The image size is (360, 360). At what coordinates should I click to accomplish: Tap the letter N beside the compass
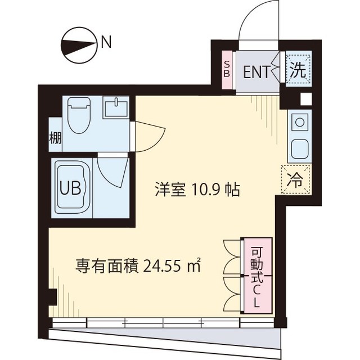tap(106, 41)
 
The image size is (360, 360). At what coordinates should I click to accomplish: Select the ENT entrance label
tap(256, 71)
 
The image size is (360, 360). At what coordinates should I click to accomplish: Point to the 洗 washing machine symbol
tap(298, 70)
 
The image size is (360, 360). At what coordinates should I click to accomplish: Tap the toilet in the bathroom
tap(78, 115)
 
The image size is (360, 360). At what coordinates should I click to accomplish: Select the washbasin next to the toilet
tap(115, 107)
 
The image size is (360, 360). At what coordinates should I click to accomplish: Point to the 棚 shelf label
tap(55, 137)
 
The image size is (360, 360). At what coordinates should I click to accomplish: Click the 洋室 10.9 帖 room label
tap(197, 190)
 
